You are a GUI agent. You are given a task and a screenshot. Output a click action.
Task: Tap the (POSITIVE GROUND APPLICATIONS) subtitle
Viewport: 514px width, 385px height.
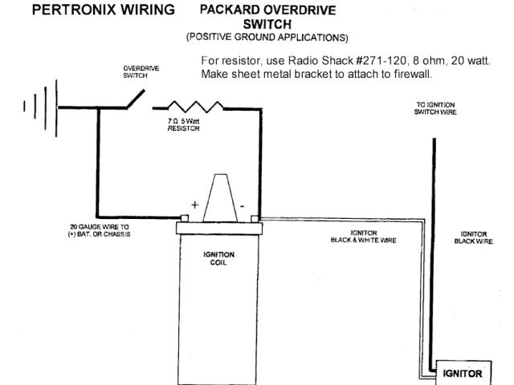pos(267,37)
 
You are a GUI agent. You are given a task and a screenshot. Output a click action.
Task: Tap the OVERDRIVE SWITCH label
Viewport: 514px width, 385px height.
pos(141,71)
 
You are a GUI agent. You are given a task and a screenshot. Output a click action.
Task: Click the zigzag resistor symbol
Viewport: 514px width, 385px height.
pos(196,107)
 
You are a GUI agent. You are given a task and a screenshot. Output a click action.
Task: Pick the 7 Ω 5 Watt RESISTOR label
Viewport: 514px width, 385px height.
pos(184,124)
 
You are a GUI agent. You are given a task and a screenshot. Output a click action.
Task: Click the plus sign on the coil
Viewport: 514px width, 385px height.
pos(194,205)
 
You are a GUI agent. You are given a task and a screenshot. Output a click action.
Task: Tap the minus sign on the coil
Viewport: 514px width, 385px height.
pos(240,205)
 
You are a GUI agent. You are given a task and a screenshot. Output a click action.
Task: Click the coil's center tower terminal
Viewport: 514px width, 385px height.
pos(217,197)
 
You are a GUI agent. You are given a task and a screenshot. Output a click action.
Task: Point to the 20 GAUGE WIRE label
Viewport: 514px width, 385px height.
pos(100,230)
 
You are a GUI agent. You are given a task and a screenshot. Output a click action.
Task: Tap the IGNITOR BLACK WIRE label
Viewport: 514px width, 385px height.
pos(473,237)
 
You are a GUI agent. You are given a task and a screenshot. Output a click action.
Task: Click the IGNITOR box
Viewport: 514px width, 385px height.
pos(463,374)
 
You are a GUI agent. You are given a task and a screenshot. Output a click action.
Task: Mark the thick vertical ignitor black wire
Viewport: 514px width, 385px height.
pos(434,241)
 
